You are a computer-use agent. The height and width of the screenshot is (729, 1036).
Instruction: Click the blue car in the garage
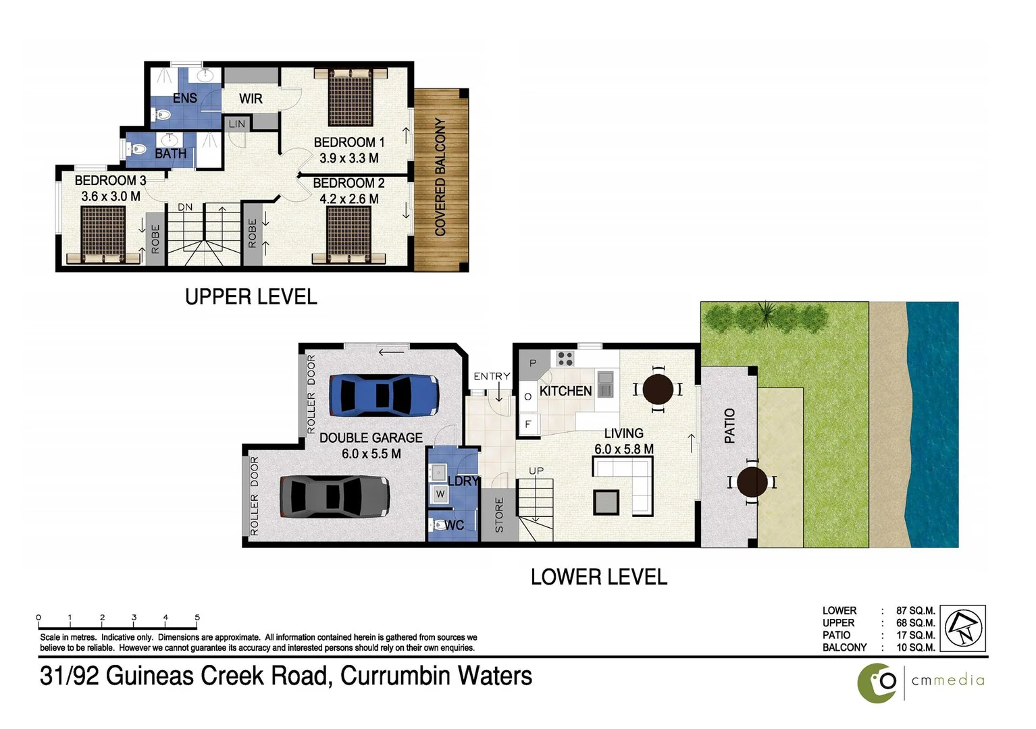(384, 395)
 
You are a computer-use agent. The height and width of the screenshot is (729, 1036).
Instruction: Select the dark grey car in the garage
(334, 497)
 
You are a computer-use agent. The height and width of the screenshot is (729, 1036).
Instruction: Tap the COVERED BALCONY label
(440, 177)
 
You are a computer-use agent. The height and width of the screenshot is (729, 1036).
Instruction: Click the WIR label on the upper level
(251, 99)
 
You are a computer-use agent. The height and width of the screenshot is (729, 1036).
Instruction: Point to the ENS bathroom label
(184, 99)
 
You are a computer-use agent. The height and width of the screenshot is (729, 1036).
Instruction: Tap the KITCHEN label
(565, 391)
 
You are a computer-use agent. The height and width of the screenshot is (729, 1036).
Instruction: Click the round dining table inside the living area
(657, 389)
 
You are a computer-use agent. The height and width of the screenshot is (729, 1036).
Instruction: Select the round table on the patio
(752, 482)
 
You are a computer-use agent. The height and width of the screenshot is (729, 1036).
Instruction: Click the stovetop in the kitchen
(565, 358)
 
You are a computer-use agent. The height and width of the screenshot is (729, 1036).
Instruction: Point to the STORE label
(499, 515)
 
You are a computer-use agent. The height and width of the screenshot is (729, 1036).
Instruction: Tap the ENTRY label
(492, 376)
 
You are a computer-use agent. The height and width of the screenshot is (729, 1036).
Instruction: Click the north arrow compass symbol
(962, 628)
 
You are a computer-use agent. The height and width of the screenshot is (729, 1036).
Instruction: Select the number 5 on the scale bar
(197, 617)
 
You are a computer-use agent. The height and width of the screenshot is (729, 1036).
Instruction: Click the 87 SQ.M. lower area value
(915, 611)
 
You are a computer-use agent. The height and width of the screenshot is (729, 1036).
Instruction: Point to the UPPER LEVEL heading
(251, 297)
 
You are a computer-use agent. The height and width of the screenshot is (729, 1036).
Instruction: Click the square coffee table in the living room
(606, 502)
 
